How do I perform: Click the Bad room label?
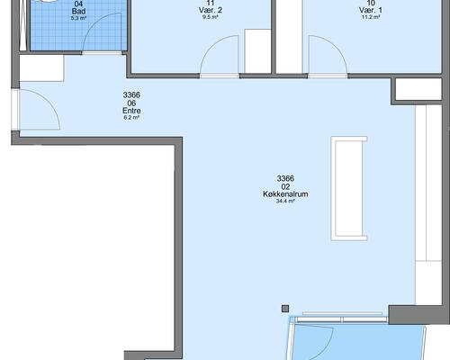coord(78,12)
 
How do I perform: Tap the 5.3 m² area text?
coord(78,18)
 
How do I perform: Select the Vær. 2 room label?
coord(211,10)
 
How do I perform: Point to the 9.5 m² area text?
coord(211,17)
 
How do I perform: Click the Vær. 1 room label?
coord(371,10)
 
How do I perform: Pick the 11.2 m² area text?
coord(371,17)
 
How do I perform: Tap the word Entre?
coord(131,111)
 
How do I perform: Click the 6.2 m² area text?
coord(131,118)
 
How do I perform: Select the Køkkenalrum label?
coord(285,194)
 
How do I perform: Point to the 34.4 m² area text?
coord(285,201)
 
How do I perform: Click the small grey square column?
coord(285,309)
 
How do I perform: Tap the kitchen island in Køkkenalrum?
coord(349,188)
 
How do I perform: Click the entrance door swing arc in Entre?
coord(48,99)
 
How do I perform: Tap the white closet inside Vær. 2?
coord(257,51)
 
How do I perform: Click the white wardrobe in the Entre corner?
coord(41,68)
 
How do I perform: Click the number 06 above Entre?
coord(131,103)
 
